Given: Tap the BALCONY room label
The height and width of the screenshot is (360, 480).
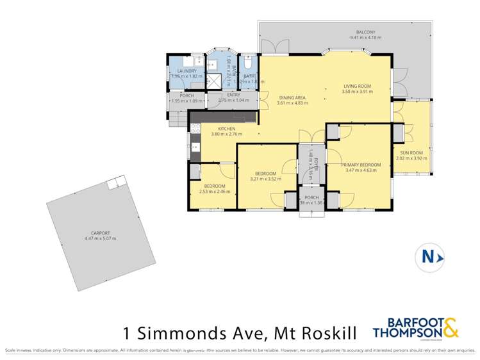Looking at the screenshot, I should coord(365,32).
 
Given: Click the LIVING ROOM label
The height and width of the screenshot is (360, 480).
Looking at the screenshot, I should coord(358,85).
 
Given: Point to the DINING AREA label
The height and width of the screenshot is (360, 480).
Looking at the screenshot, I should coord(291,97).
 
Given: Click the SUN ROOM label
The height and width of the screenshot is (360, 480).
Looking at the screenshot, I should coord(413,152).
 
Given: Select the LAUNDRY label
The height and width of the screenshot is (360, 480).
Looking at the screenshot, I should coord(186,70).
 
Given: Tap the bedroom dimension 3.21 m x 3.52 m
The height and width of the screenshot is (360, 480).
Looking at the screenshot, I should coord(265,179).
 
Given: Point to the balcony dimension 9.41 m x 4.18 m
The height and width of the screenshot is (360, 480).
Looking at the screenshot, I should coord(365,38).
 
